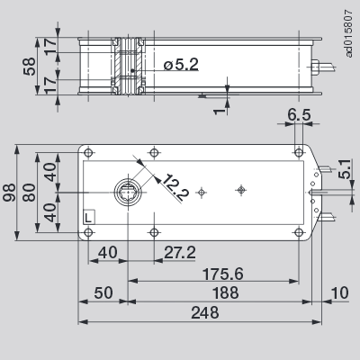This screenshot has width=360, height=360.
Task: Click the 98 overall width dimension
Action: coord(12,191)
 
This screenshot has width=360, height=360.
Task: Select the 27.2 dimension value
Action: coord(180,253)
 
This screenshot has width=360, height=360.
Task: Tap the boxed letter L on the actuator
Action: coord(87,217)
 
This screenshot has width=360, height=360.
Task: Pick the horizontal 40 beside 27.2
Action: coord(108,253)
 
